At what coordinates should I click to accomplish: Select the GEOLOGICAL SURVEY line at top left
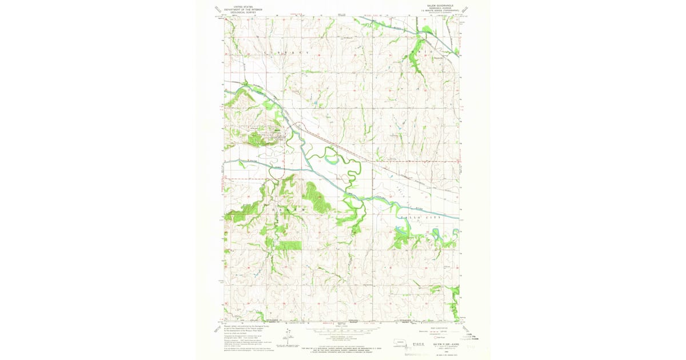[242, 12]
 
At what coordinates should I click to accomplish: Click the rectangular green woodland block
[289, 245]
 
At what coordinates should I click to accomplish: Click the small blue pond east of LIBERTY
[314, 102]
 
